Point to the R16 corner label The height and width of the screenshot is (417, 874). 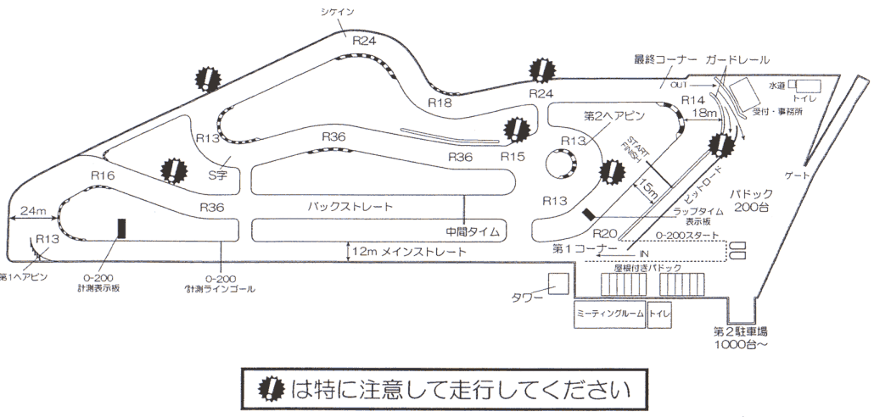pos(103,175)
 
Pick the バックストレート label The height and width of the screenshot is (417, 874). pos(344,206)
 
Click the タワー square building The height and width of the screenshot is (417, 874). pos(558,284)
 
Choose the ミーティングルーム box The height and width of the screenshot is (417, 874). pos(609,314)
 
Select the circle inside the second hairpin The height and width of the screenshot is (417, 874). pos(560,163)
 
